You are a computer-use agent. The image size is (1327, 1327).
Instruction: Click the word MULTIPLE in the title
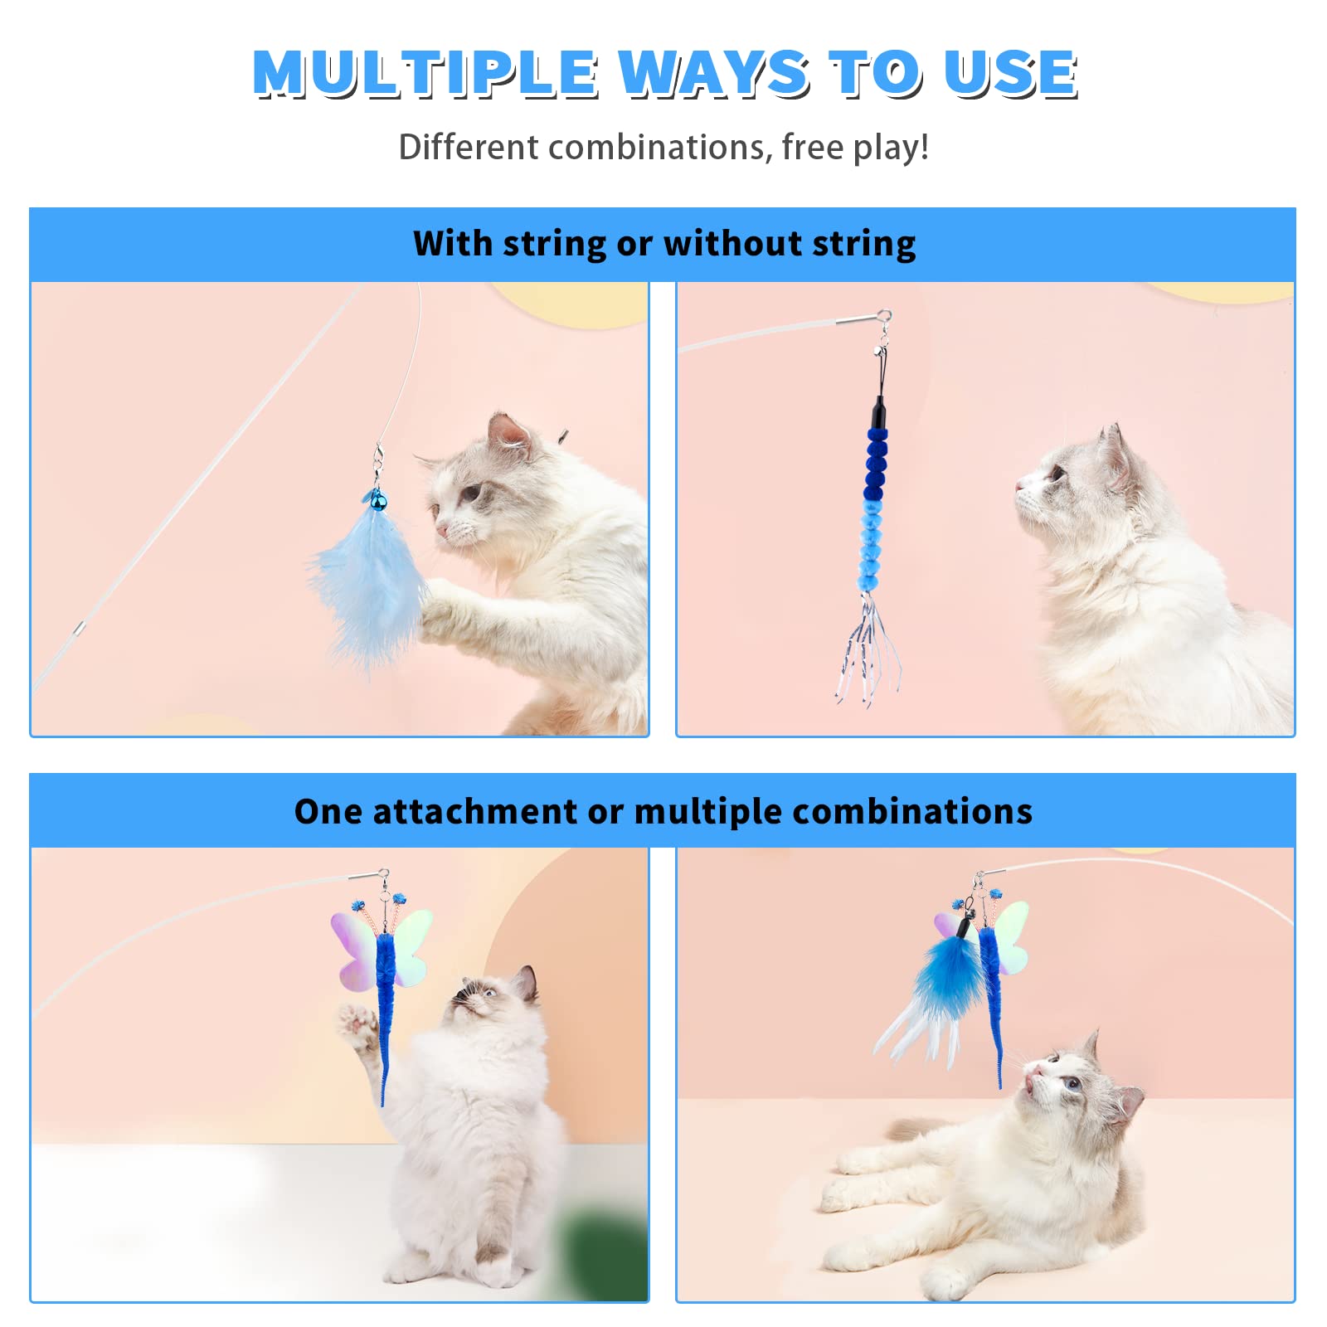[x=425, y=73]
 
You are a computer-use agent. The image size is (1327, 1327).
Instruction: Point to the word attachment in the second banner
[x=474, y=811]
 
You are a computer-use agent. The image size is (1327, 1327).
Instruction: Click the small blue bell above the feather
[x=378, y=500]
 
